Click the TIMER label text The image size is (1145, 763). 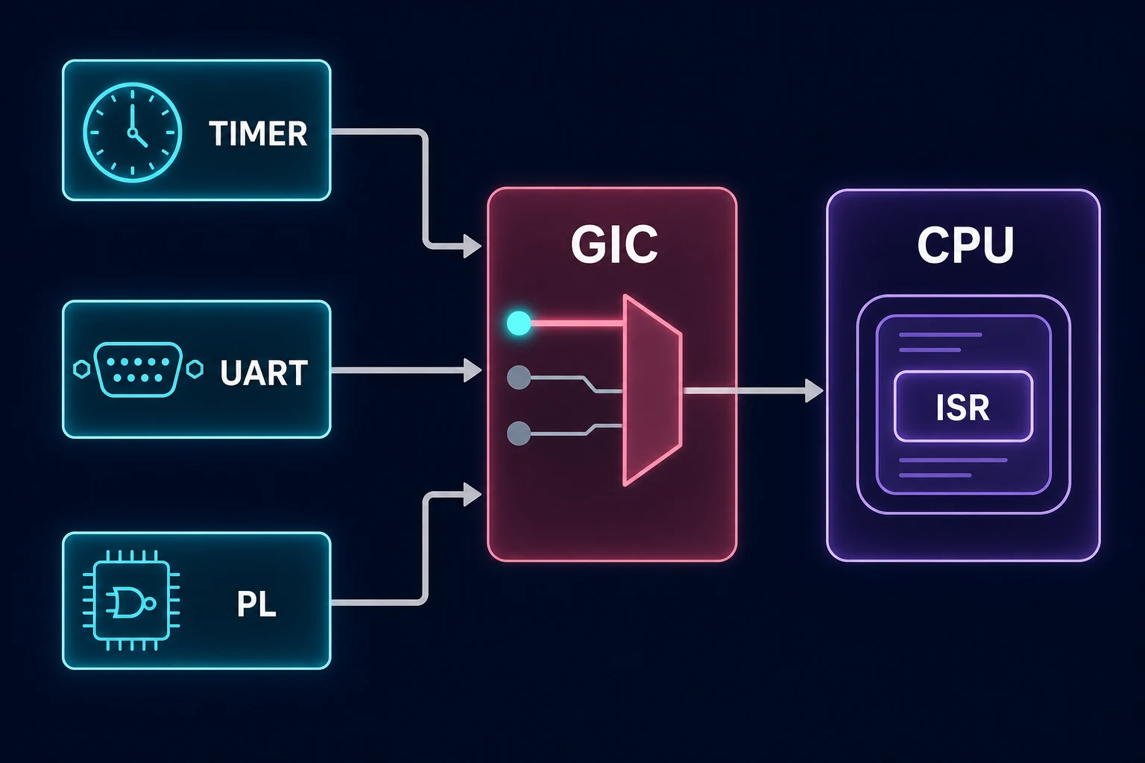258,134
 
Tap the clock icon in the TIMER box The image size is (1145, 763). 133,133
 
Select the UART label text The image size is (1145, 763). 264,373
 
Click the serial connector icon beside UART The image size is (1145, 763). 138,370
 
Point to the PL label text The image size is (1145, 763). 256,604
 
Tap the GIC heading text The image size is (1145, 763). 614,245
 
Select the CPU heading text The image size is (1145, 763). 965,245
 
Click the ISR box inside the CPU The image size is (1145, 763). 963,406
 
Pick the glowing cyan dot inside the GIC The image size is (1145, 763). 519,323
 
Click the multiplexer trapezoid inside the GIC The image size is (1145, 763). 652,390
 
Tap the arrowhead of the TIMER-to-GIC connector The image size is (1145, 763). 473,247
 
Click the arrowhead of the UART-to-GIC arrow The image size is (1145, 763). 473,370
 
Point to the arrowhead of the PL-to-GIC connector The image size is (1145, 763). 473,494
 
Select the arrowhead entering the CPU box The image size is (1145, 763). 814,391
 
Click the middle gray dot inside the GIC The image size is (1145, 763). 519,378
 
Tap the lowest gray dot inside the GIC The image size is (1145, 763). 519,434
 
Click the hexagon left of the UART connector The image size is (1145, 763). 82,369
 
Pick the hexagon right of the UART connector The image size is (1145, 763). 195,369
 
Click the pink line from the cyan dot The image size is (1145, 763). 576,323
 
